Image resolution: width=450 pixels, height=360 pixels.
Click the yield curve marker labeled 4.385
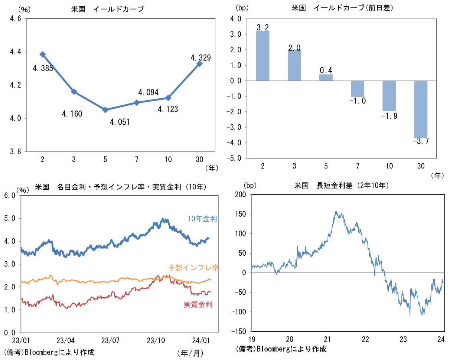coord(43,54)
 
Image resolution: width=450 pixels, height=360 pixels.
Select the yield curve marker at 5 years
coord(105,110)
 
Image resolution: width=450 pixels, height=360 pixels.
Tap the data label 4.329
coord(200,58)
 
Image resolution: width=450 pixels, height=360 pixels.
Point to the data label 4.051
coord(120,122)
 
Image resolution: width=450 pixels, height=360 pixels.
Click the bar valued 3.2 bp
coord(262,56)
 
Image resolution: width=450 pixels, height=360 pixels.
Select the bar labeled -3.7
coord(421,109)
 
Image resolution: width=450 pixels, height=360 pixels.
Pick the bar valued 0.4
coord(326,78)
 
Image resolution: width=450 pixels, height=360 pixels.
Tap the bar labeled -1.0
coord(358,89)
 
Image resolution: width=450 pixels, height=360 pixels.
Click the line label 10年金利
coord(202,219)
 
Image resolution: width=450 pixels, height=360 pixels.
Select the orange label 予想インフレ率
coord(193,267)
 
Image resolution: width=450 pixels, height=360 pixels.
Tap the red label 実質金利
coord(198,305)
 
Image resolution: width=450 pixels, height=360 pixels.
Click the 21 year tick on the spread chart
coord(327,339)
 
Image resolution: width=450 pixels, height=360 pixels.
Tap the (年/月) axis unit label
coord(191,352)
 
